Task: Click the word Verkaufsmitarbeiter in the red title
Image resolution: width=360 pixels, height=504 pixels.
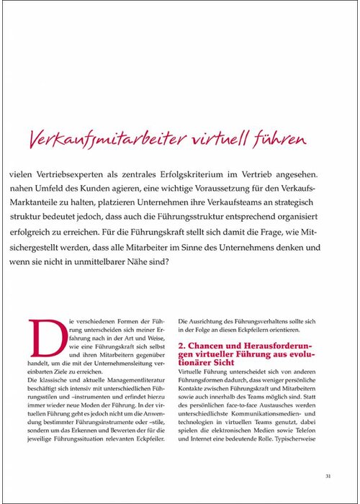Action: tap(111, 138)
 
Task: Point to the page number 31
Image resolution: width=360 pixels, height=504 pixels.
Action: tap(328, 475)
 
